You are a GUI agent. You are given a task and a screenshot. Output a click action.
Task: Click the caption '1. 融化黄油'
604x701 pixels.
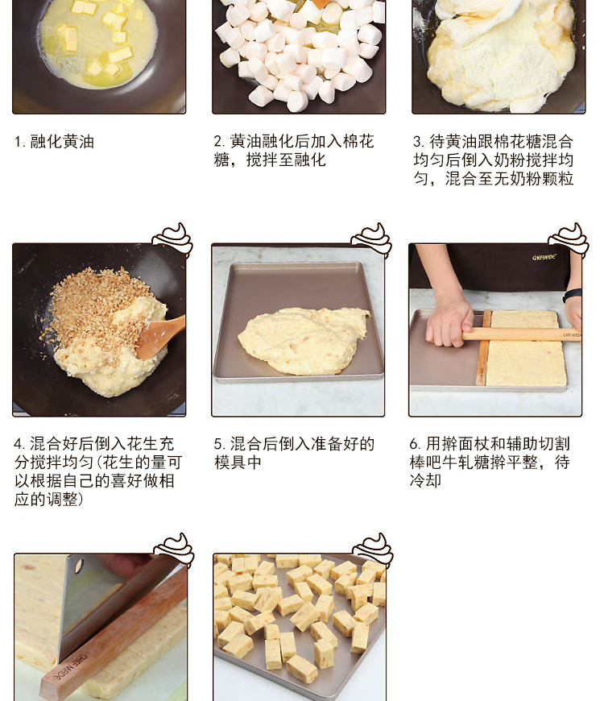(54, 142)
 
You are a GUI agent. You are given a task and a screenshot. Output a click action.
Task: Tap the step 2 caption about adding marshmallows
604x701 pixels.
(293, 150)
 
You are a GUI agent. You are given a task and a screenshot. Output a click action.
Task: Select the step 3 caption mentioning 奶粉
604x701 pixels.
(493, 160)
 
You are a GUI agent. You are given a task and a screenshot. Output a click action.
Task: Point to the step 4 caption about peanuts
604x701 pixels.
(97, 471)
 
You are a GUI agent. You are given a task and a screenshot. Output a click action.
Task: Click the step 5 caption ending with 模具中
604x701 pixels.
(294, 453)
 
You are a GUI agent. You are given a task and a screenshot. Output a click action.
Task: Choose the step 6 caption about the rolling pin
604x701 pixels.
(490, 462)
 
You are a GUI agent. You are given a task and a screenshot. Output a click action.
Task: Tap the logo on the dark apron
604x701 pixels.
(544, 257)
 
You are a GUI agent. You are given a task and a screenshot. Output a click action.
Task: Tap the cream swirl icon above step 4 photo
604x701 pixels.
(173, 239)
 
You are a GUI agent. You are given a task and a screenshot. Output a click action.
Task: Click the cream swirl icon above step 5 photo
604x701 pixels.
(372, 239)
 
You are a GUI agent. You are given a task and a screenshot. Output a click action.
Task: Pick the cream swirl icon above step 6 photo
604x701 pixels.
(569, 239)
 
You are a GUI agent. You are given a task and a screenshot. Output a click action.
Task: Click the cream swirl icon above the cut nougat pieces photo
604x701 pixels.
(373, 550)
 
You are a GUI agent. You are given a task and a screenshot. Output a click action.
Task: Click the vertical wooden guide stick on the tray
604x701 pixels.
(483, 348)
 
